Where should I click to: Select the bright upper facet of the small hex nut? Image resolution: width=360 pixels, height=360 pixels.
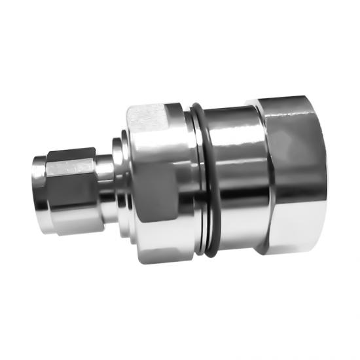pos(72,164)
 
